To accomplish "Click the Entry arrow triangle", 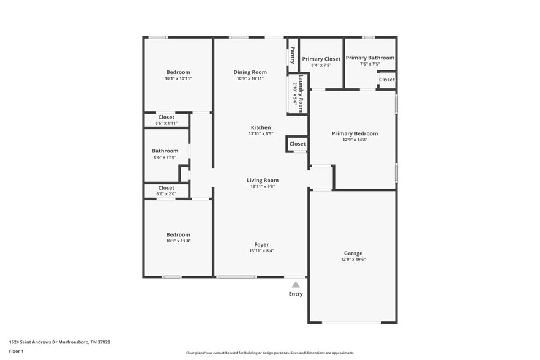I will (x=296, y=284).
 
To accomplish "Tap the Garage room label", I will (x=353, y=253).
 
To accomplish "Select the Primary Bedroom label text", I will (x=354, y=133).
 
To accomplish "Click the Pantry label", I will (x=293, y=55).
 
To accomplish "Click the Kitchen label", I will (x=260, y=127).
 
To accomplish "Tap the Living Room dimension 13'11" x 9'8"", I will (x=263, y=187).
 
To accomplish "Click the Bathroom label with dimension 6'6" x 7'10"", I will (x=165, y=151).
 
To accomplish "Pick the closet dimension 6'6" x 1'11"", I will (x=166, y=123).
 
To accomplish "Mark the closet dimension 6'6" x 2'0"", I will (x=166, y=194).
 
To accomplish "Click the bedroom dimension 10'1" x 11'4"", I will (x=178, y=241).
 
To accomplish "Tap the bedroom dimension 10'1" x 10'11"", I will (x=178, y=78).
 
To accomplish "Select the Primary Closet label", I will (x=321, y=59).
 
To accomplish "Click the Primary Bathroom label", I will (x=370, y=58).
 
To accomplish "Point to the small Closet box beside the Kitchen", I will (x=297, y=144).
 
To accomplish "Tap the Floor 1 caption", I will (x=16, y=351).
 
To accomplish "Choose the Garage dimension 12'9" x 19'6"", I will (x=353, y=259).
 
